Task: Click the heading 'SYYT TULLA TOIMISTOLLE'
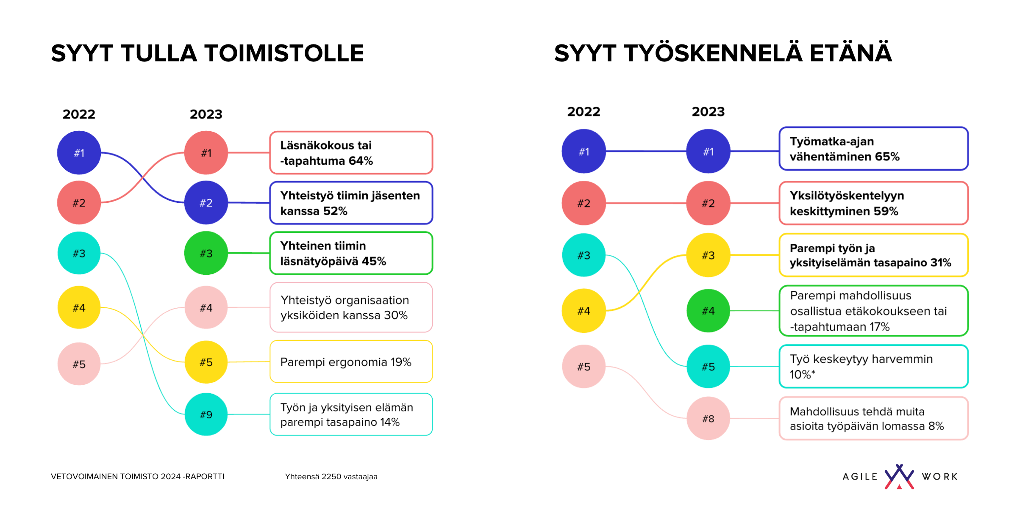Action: pos(207,53)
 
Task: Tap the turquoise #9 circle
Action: pos(206,414)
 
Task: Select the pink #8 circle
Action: pos(708,418)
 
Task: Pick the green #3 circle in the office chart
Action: pos(206,253)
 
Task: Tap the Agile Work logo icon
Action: pos(899,477)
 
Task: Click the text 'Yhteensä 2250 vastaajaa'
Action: pos(331,477)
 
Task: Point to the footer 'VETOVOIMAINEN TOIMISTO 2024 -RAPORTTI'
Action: pos(138,477)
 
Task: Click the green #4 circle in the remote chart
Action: pos(708,311)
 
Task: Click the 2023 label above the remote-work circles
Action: pos(708,112)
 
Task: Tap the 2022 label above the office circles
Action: pos(79,114)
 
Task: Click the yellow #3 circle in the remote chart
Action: pos(708,255)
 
